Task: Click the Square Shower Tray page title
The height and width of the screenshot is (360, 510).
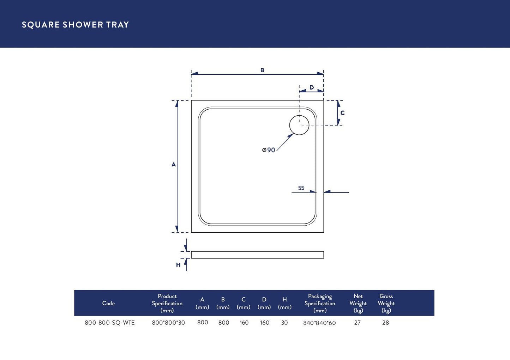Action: (x=75, y=25)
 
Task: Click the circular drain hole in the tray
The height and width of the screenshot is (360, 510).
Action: (x=299, y=125)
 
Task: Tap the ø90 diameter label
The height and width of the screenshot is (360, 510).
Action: (x=269, y=150)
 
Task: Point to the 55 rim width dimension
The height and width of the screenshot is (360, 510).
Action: (x=301, y=188)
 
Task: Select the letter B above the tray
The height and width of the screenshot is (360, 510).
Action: (x=262, y=70)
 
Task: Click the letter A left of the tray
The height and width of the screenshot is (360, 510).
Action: (x=174, y=164)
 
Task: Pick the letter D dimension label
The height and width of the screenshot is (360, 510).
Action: (x=312, y=87)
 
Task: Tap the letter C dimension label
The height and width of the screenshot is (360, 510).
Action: (x=342, y=113)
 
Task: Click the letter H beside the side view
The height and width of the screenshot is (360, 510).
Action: (x=178, y=265)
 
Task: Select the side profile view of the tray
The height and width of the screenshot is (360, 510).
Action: (x=257, y=255)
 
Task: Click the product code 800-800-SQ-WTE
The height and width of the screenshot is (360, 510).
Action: (x=110, y=323)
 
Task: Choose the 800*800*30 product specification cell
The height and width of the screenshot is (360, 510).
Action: (x=168, y=323)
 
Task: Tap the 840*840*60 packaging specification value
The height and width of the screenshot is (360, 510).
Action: (x=319, y=323)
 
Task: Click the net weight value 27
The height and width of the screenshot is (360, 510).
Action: (x=358, y=323)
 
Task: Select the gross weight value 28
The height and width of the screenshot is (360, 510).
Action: (x=385, y=323)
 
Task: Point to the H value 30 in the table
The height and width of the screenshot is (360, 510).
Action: (x=284, y=323)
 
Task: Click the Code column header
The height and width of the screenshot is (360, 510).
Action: (x=108, y=303)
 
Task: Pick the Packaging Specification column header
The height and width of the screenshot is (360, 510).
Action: (x=320, y=303)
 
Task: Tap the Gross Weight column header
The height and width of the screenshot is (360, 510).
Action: (x=386, y=303)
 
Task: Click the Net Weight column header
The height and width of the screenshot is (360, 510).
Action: (x=358, y=303)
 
